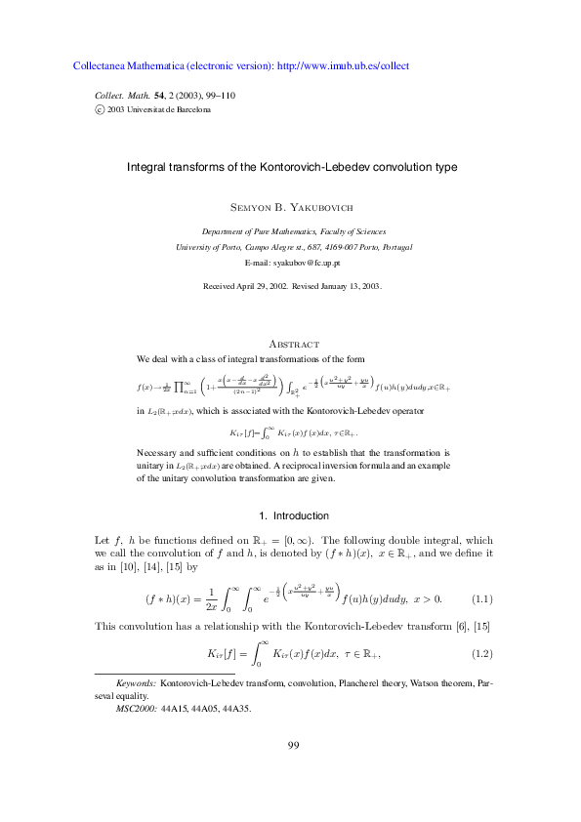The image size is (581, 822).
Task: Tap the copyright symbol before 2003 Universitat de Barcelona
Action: click(99, 110)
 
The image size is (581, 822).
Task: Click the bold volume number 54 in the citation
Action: click(145, 96)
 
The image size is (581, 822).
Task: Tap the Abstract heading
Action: click(294, 344)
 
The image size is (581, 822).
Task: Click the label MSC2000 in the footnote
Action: click(136, 710)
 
